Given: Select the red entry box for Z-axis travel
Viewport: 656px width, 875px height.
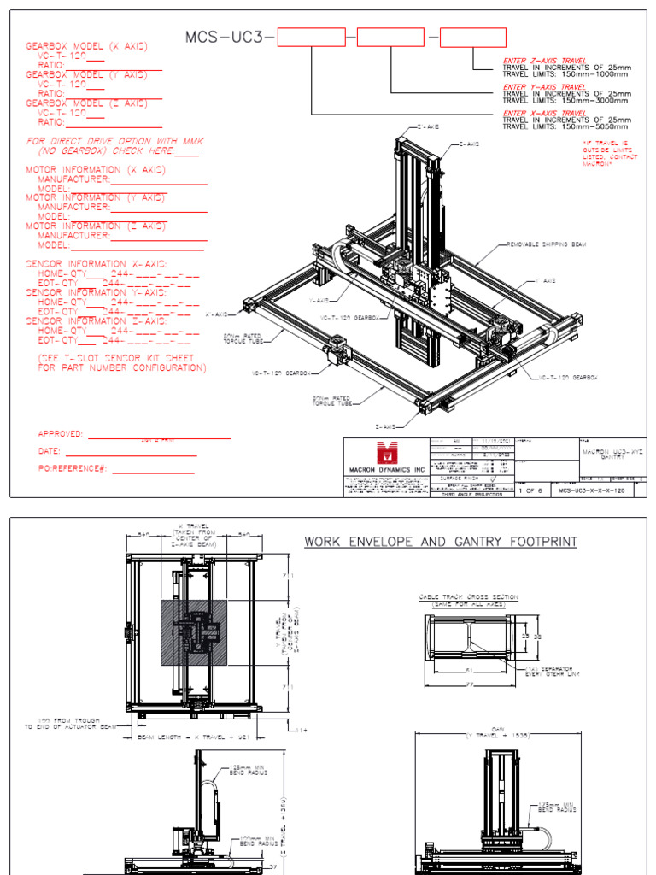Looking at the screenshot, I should tap(473, 37).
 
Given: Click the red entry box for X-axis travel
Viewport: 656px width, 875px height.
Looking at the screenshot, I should tap(312, 37).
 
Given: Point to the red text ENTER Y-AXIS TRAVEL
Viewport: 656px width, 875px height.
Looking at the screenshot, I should tap(545, 87).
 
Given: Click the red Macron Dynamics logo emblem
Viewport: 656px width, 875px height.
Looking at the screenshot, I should tap(388, 452).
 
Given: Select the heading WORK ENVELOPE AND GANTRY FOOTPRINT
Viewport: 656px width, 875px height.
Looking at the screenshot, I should tap(441, 542).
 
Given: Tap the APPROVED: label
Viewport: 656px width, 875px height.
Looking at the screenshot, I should tap(61, 434).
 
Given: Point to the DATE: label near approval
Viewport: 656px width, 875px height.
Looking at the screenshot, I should tap(50, 451).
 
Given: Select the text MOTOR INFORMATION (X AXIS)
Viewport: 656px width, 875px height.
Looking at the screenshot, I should tap(97, 169).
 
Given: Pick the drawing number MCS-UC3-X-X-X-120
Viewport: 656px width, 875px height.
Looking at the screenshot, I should tap(591, 491).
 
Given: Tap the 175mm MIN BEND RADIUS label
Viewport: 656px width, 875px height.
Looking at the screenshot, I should tap(553, 807).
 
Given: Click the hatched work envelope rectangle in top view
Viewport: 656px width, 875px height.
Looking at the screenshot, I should tap(194, 632).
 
